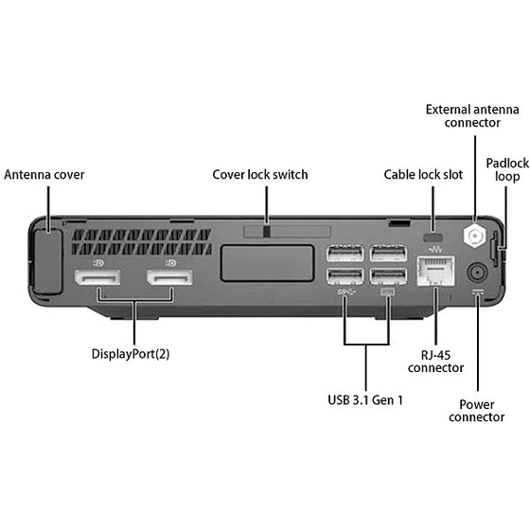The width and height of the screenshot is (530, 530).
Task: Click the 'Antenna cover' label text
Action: tap(44, 175)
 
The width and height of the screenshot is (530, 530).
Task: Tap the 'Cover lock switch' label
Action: tap(260, 175)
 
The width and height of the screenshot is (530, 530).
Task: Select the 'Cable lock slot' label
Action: tap(423, 175)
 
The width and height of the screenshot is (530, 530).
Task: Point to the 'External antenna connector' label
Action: tap(472, 115)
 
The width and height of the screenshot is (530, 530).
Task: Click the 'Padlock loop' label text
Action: tap(507, 169)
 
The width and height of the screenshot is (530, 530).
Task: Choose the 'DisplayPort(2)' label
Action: tap(131, 354)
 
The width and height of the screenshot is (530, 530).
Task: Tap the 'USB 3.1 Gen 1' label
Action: tap(365, 399)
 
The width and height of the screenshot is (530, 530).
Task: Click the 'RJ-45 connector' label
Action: tap(435, 362)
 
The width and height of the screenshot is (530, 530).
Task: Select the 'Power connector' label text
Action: tap(477, 411)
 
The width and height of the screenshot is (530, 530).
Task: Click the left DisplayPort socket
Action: tap(97, 277)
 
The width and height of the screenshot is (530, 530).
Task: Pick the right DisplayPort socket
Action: tap(169, 277)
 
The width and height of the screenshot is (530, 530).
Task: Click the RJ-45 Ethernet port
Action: tap(435, 271)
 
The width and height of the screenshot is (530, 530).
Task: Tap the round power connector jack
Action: tap(477, 273)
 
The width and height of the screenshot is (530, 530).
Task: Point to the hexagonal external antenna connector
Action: tap(475, 235)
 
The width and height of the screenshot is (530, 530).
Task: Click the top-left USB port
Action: tap(344, 254)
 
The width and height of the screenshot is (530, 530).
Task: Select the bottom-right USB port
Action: tap(388, 276)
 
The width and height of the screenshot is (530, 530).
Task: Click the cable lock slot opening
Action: tap(433, 237)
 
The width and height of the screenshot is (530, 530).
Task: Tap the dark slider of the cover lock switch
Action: tap(267, 232)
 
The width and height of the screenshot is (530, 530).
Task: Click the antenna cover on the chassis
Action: tap(48, 261)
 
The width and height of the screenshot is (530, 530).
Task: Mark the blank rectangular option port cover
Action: tap(267, 263)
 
